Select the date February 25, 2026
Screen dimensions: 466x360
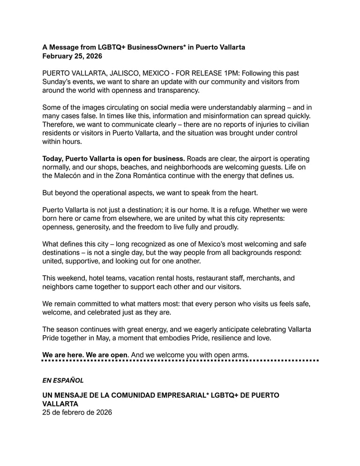[x=72, y=56]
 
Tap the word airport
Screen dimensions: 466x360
[x=240, y=158]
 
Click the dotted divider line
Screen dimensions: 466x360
[x=180, y=361]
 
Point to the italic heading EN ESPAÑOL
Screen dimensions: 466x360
[x=63, y=380]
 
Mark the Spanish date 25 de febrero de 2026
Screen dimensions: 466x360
[x=77, y=413]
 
